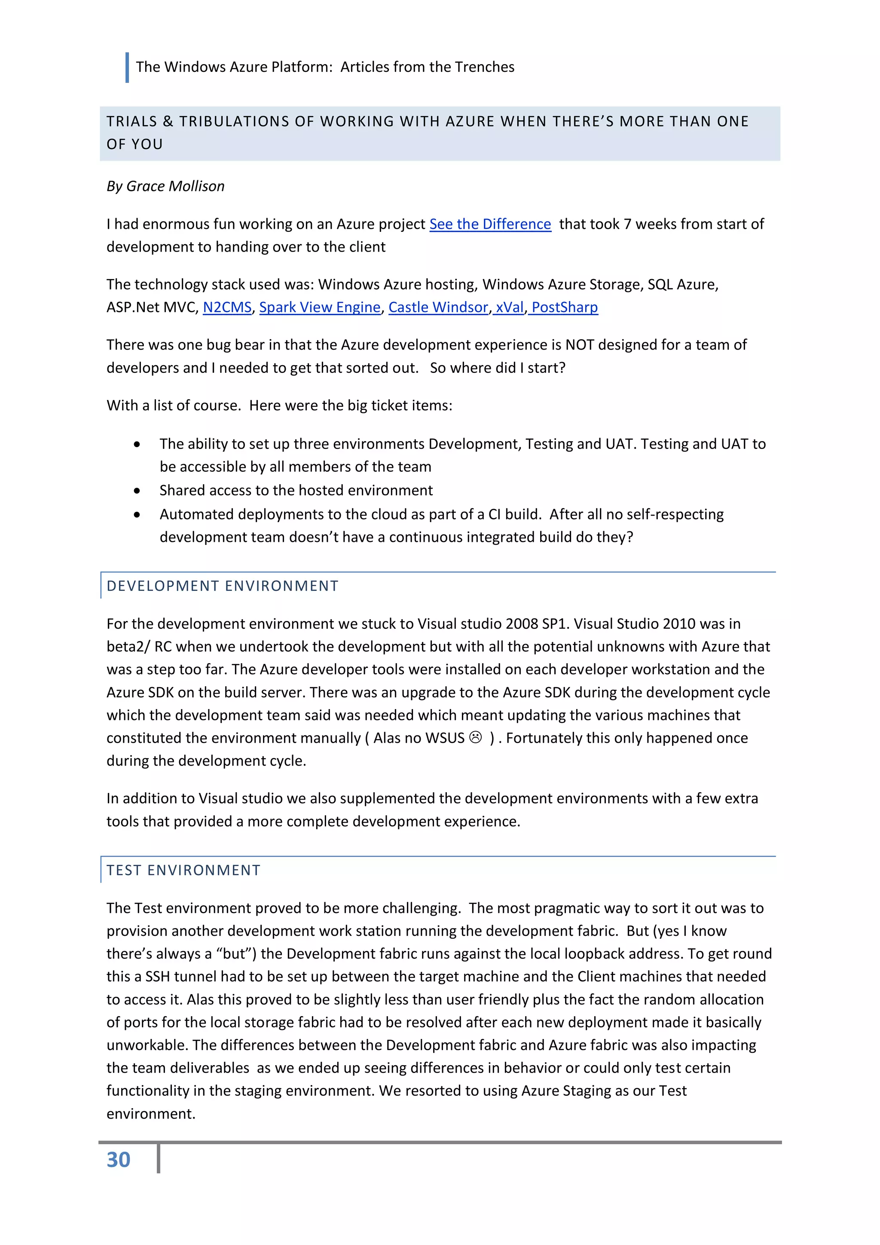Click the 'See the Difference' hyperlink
[x=490, y=224]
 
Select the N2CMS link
[x=227, y=307]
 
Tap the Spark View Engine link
[x=320, y=307]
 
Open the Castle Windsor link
[x=438, y=307]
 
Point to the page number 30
[x=118, y=1160]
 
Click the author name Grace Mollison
[x=175, y=186]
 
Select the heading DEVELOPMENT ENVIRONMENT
[x=222, y=586]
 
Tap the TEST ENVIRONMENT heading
[x=183, y=870]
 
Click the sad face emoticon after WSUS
[x=475, y=738]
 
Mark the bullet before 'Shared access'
[x=137, y=491]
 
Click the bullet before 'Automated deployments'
[x=137, y=515]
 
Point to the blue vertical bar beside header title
[x=127, y=67]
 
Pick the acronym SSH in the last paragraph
[x=158, y=977]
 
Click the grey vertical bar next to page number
[x=158, y=1159]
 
